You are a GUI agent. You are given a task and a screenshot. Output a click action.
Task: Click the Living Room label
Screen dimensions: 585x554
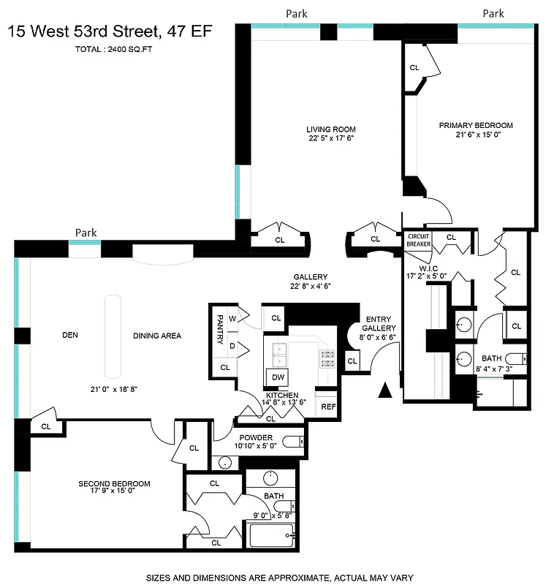pos(330,129)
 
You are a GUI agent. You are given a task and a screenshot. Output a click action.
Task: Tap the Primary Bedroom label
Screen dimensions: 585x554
pos(476,125)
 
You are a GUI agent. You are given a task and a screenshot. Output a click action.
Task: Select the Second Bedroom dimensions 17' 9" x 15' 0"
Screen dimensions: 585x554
pos(114,492)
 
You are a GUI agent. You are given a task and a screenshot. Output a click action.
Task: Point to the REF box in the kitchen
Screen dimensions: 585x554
pos(327,407)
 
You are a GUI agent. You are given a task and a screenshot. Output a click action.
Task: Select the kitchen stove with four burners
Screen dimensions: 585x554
pos(327,358)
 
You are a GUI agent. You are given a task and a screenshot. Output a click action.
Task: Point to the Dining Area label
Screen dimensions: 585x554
pos(157,336)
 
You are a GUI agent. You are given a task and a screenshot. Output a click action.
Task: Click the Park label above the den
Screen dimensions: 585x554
pos(86,233)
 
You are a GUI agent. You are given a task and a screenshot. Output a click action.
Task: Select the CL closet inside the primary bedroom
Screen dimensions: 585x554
pos(414,67)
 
